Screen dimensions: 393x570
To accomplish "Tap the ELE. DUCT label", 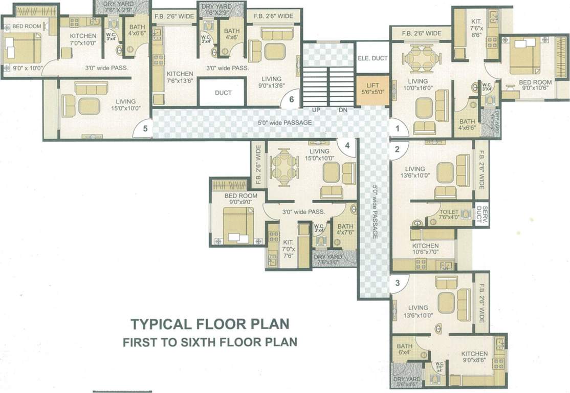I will click(372, 58).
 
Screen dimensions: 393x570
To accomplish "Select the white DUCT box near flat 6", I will click(223, 93).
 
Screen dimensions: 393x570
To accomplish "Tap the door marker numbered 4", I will click(347, 146).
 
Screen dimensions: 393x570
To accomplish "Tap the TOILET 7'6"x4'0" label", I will click(449, 215).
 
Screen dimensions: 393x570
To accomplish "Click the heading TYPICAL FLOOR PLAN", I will click(210, 324).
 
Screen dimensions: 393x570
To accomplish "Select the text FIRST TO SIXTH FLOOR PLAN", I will click(210, 342).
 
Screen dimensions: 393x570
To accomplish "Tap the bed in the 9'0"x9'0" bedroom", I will click(238, 226).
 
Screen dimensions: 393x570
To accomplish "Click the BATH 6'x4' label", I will click(404, 349).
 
